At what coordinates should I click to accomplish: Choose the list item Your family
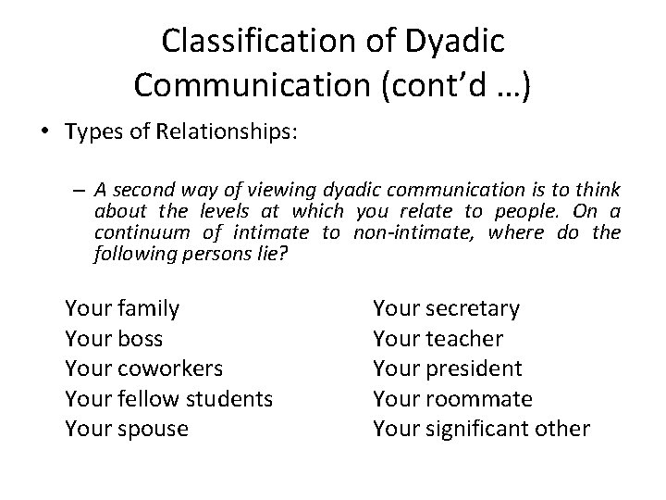[x=122, y=307]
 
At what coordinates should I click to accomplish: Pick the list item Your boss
[x=114, y=338]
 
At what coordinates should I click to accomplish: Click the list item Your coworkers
[x=143, y=369]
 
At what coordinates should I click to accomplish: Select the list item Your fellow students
[x=168, y=399]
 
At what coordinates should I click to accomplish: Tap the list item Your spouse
[x=126, y=430]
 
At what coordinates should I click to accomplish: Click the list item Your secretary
[x=446, y=307]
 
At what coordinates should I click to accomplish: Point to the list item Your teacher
[x=438, y=338]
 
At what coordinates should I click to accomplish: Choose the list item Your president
[x=447, y=369]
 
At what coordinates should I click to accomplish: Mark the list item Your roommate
[x=452, y=399]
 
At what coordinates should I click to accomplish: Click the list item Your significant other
[x=481, y=430]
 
